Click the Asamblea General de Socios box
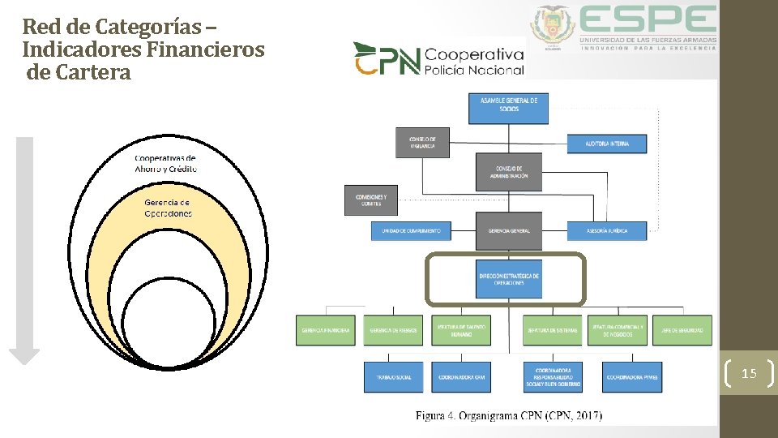[x=508, y=109]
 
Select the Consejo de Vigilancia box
[x=421, y=142]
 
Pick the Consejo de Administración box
[x=508, y=172]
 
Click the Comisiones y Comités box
[x=371, y=200]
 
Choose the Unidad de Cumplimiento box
[x=411, y=230]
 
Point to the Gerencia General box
[x=508, y=230]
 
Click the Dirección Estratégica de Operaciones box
[x=508, y=279]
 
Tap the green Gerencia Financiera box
[x=326, y=330]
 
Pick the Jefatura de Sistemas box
[x=552, y=330]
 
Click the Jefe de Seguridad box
[x=682, y=330]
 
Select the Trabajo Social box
[x=394, y=377]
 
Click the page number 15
[x=749, y=373]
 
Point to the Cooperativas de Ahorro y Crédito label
[x=165, y=163]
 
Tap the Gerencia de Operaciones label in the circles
[x=168, y=208]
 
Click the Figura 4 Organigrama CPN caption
[x=509, y=415]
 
